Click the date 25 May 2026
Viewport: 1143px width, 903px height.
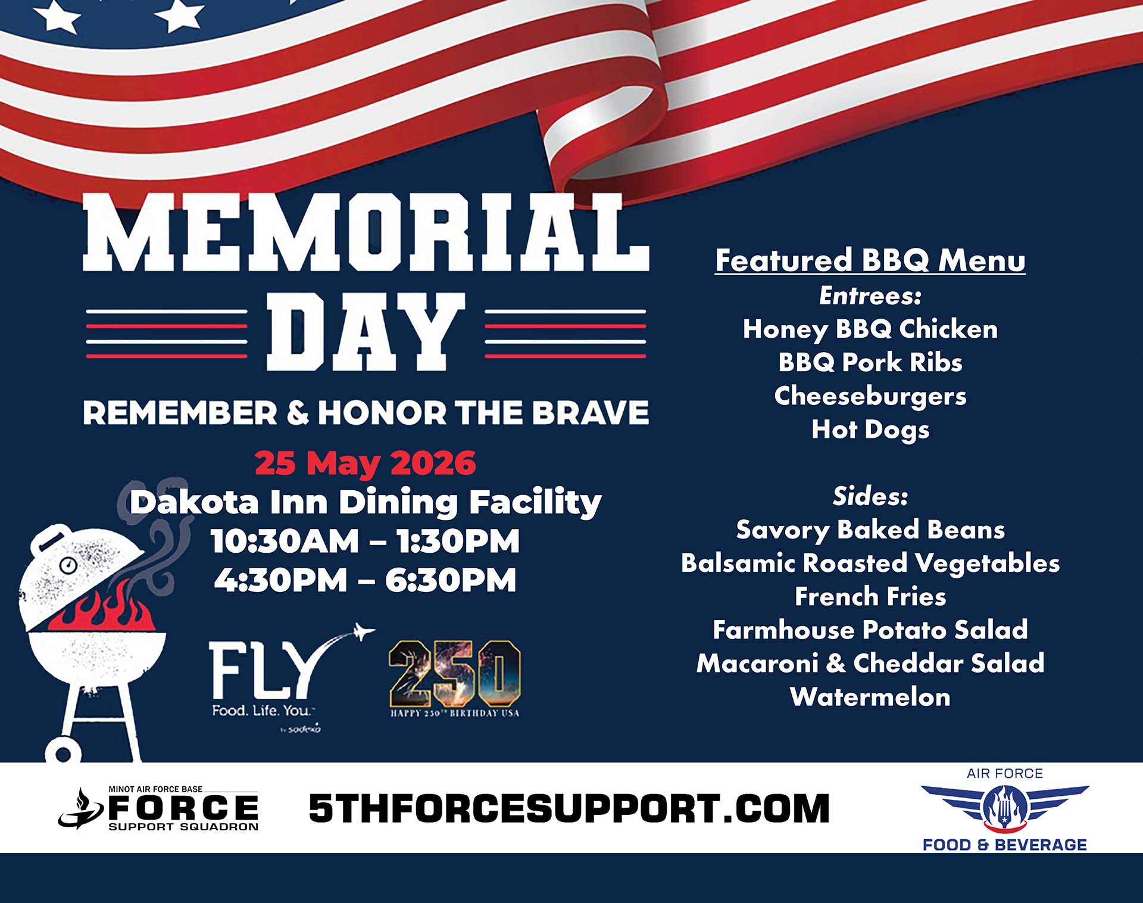(365, 463)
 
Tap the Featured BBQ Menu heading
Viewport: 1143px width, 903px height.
(870, 260)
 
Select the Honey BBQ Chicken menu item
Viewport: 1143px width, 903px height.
(870, 329)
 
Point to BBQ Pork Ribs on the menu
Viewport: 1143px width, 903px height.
(870, 362)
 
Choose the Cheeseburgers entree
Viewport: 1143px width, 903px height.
(870, 396)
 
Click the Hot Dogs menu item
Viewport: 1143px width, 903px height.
(870, 429)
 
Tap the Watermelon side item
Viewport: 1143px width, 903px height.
(870, 697)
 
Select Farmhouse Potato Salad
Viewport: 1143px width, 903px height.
(870, 630)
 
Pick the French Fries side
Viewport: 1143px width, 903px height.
(870, 596)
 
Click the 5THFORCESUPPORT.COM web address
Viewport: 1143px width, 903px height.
(569, 808)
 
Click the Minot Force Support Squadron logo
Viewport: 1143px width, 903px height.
(158, 808)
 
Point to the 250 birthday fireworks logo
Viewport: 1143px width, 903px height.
(455, 678)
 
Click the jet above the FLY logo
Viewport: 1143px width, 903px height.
(363, 631)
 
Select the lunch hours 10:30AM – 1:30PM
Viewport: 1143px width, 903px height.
(365, 541)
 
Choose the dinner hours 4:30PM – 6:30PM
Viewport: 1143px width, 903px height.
(365, 580)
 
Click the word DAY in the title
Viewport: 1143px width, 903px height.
(366, 332)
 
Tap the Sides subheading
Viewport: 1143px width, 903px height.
(870, 496)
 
